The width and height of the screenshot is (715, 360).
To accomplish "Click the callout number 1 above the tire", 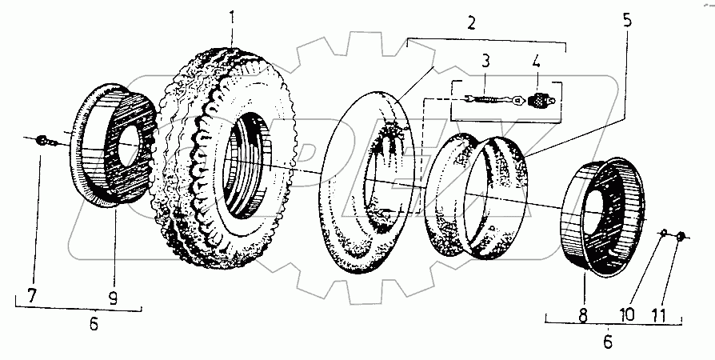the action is point(233,15).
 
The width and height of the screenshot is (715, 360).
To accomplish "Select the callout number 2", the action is point(471,22).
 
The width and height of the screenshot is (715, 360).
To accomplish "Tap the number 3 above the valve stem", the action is point(485,61).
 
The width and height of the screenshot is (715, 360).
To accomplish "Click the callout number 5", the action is point(627,20).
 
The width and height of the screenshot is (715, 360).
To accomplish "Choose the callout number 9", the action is point(113,299).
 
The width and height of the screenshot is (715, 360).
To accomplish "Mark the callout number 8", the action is point(582,314).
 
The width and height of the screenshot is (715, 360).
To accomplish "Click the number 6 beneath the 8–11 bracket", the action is point(607,341).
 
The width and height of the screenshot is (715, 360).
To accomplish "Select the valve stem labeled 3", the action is point(487,99).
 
